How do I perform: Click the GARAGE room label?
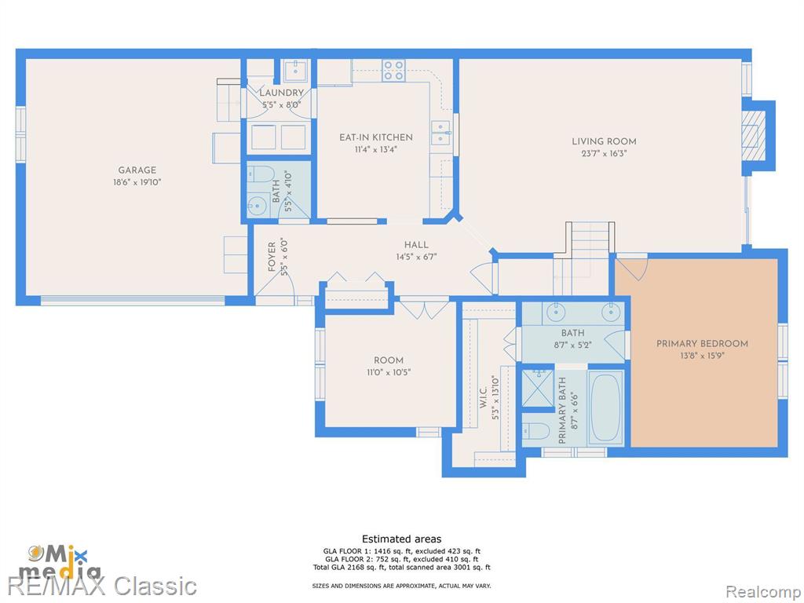137,170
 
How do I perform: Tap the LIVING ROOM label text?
604,141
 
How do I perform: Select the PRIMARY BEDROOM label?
702,344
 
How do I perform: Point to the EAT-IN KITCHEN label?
376,137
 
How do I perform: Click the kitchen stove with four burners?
394,70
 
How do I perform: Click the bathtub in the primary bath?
605,408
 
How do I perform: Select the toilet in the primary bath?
534,431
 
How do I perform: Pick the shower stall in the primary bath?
537,387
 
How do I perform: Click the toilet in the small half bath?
260,174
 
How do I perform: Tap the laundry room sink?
296,70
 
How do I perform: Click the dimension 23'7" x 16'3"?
604,153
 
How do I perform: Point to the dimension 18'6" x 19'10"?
137,182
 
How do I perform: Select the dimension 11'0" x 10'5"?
388,372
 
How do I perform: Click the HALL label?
416,245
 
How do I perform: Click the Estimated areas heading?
401,539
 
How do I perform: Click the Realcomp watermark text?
762,592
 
